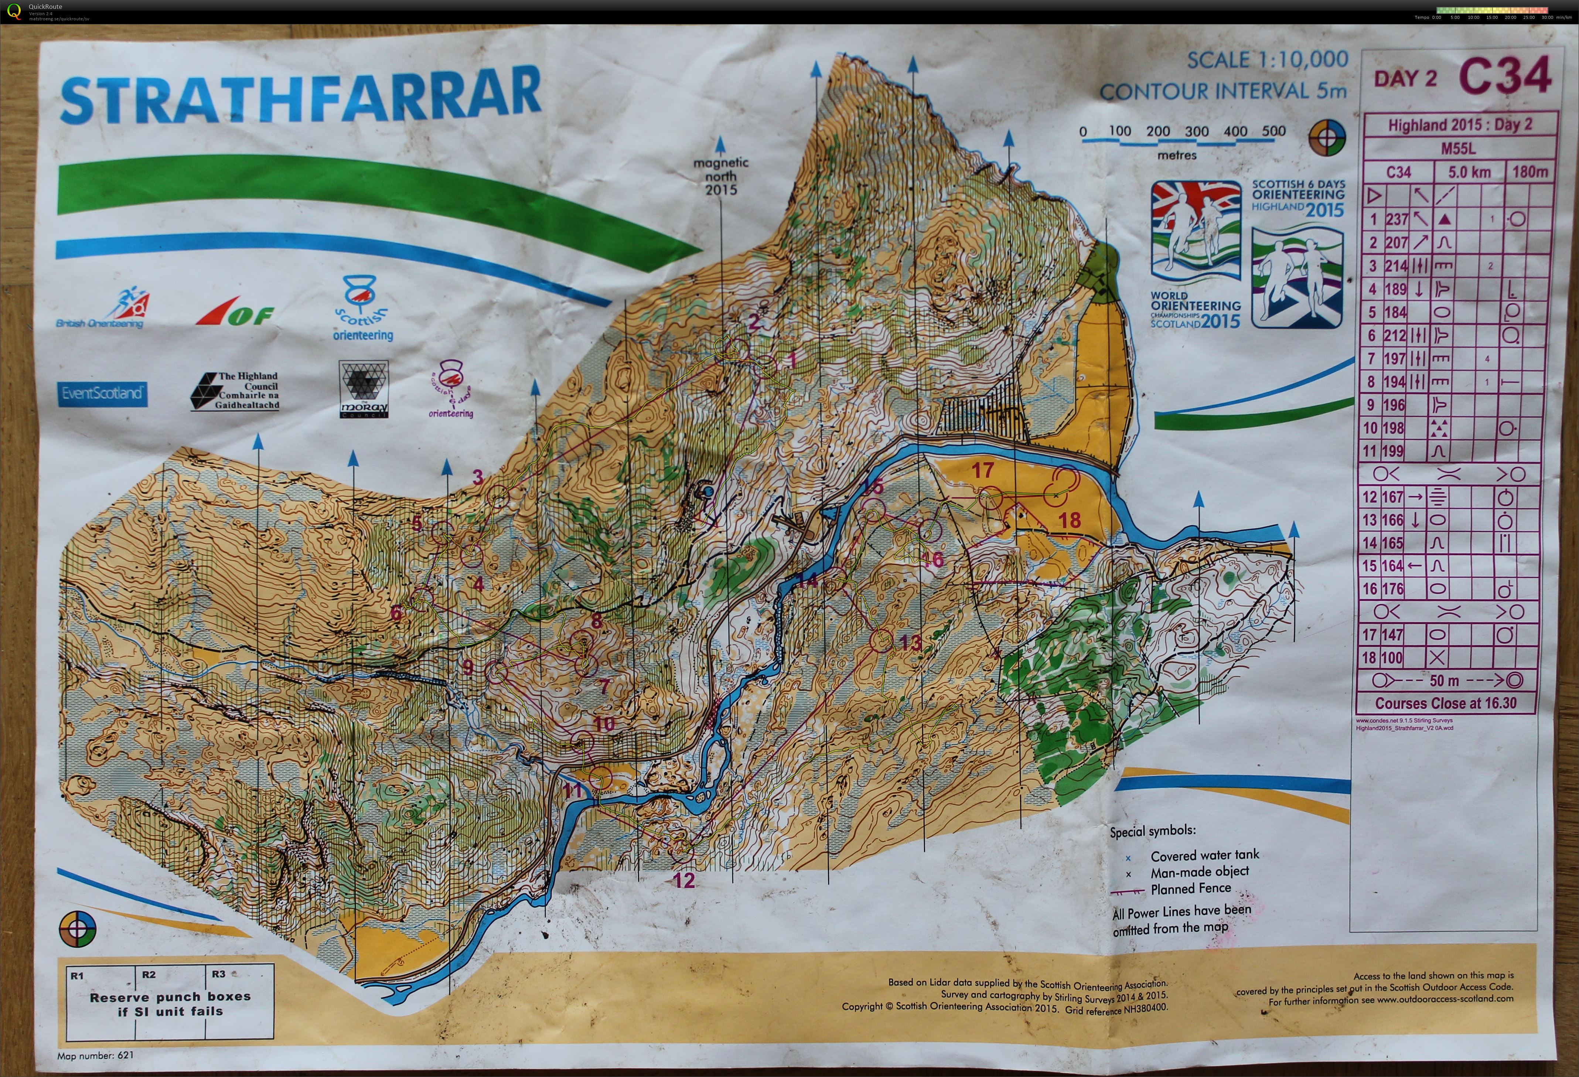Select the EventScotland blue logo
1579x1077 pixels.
[102, 393]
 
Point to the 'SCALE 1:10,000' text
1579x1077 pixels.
[1267, 61]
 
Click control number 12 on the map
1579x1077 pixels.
[683, 880]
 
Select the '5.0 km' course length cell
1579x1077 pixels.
[1470, 172]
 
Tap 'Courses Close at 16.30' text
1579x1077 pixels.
[1445, 703]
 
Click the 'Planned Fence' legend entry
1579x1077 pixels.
[1190, 888]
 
